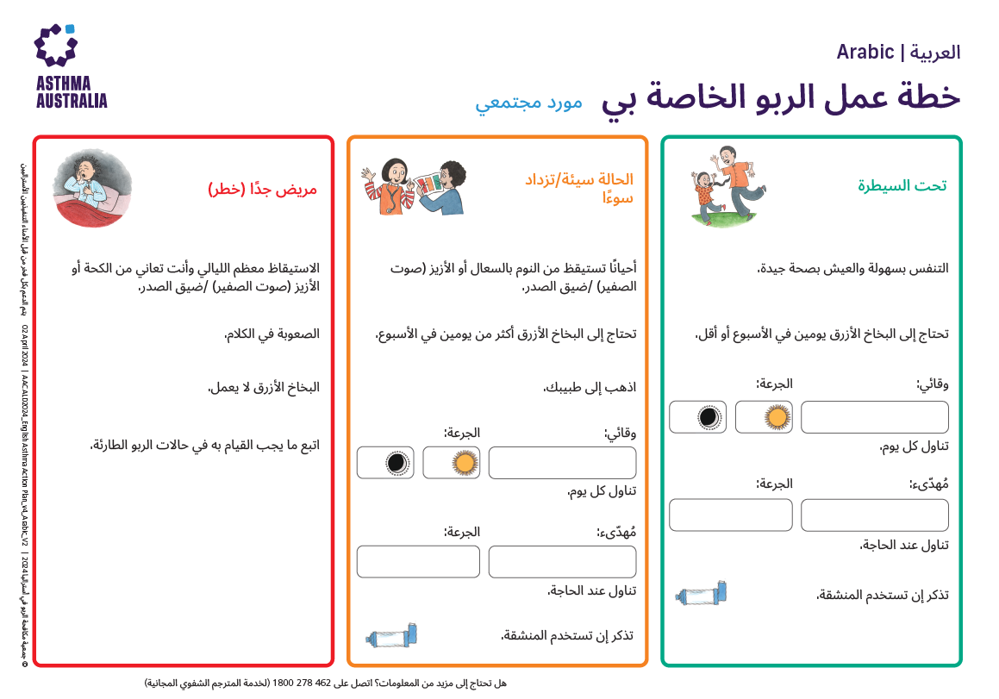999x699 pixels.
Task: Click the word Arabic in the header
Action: pyautogui.click(x=865, y=53)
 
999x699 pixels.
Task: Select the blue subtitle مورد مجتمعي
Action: pyautogui.click(x=528, y=102)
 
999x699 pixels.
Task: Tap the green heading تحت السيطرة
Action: pyautogui.click(x=902, y=185)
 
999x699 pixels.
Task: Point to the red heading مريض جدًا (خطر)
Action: pyautogui.click(x=262, y=189)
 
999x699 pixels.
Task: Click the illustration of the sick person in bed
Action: pyautogui.click(x=92, y=188)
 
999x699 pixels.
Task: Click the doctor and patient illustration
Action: pyautogui.click(x=411, y=185)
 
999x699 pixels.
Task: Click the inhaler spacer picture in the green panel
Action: pyautogui.click(x=705, y=594)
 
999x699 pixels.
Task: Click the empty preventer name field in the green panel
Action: pyautogui.click(x=874, y=417)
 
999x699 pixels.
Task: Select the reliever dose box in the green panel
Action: pyautogui.click(x=730, y=515)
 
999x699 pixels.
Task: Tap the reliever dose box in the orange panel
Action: pyautogui.click(x=418, y=561)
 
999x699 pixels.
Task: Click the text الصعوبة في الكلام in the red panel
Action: pyautogui.click(x=272, y=334)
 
